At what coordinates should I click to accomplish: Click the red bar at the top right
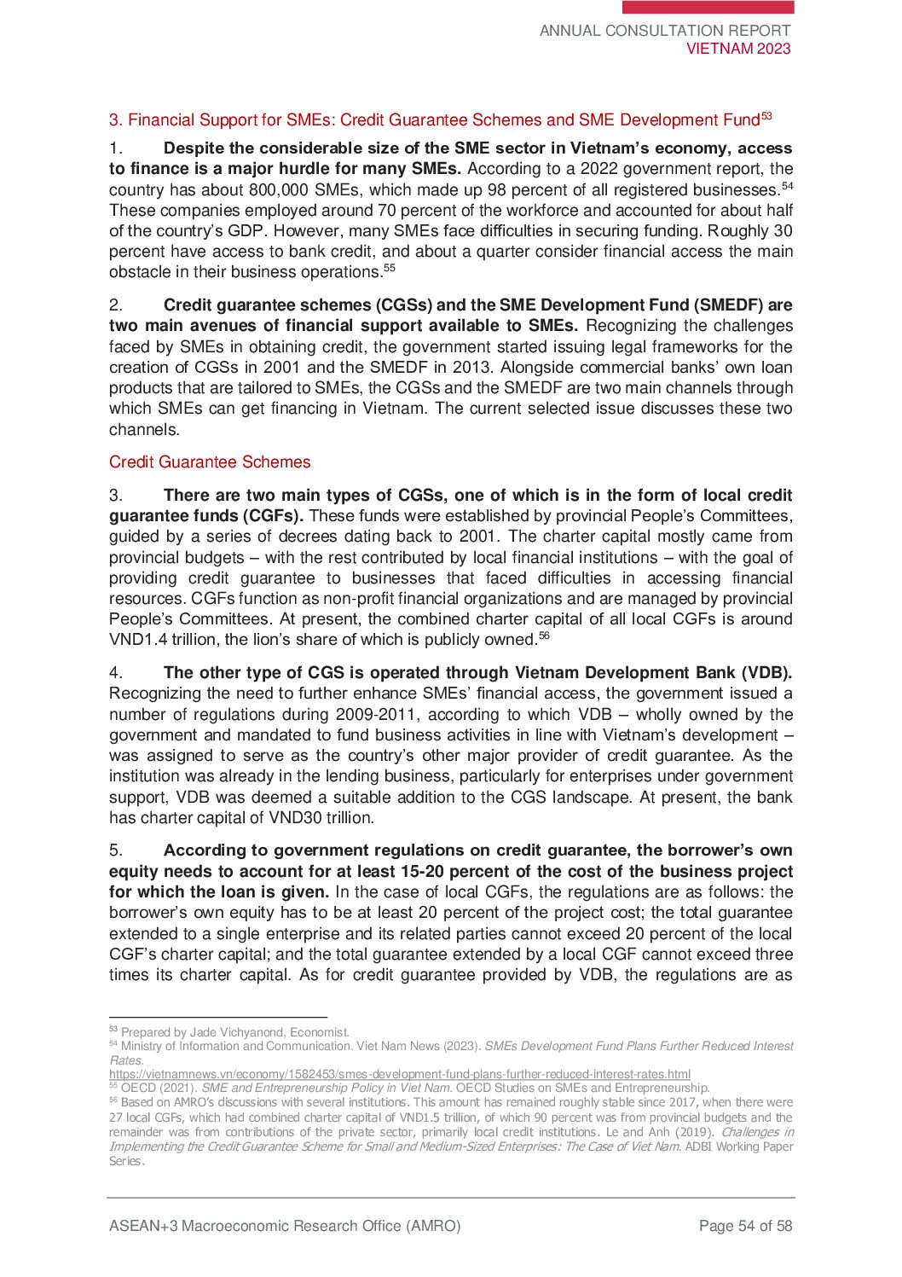708,8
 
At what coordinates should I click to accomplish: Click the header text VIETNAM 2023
738,49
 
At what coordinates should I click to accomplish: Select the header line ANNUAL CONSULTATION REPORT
665,31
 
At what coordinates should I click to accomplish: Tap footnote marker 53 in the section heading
766,116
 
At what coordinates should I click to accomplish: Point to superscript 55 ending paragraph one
389,268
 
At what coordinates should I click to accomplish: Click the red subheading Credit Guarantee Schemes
210,461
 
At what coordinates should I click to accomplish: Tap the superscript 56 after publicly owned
544,636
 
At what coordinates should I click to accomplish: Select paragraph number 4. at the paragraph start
117,672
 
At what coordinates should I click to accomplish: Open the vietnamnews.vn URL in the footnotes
399,1074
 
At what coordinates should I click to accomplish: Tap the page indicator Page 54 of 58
745,1226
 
